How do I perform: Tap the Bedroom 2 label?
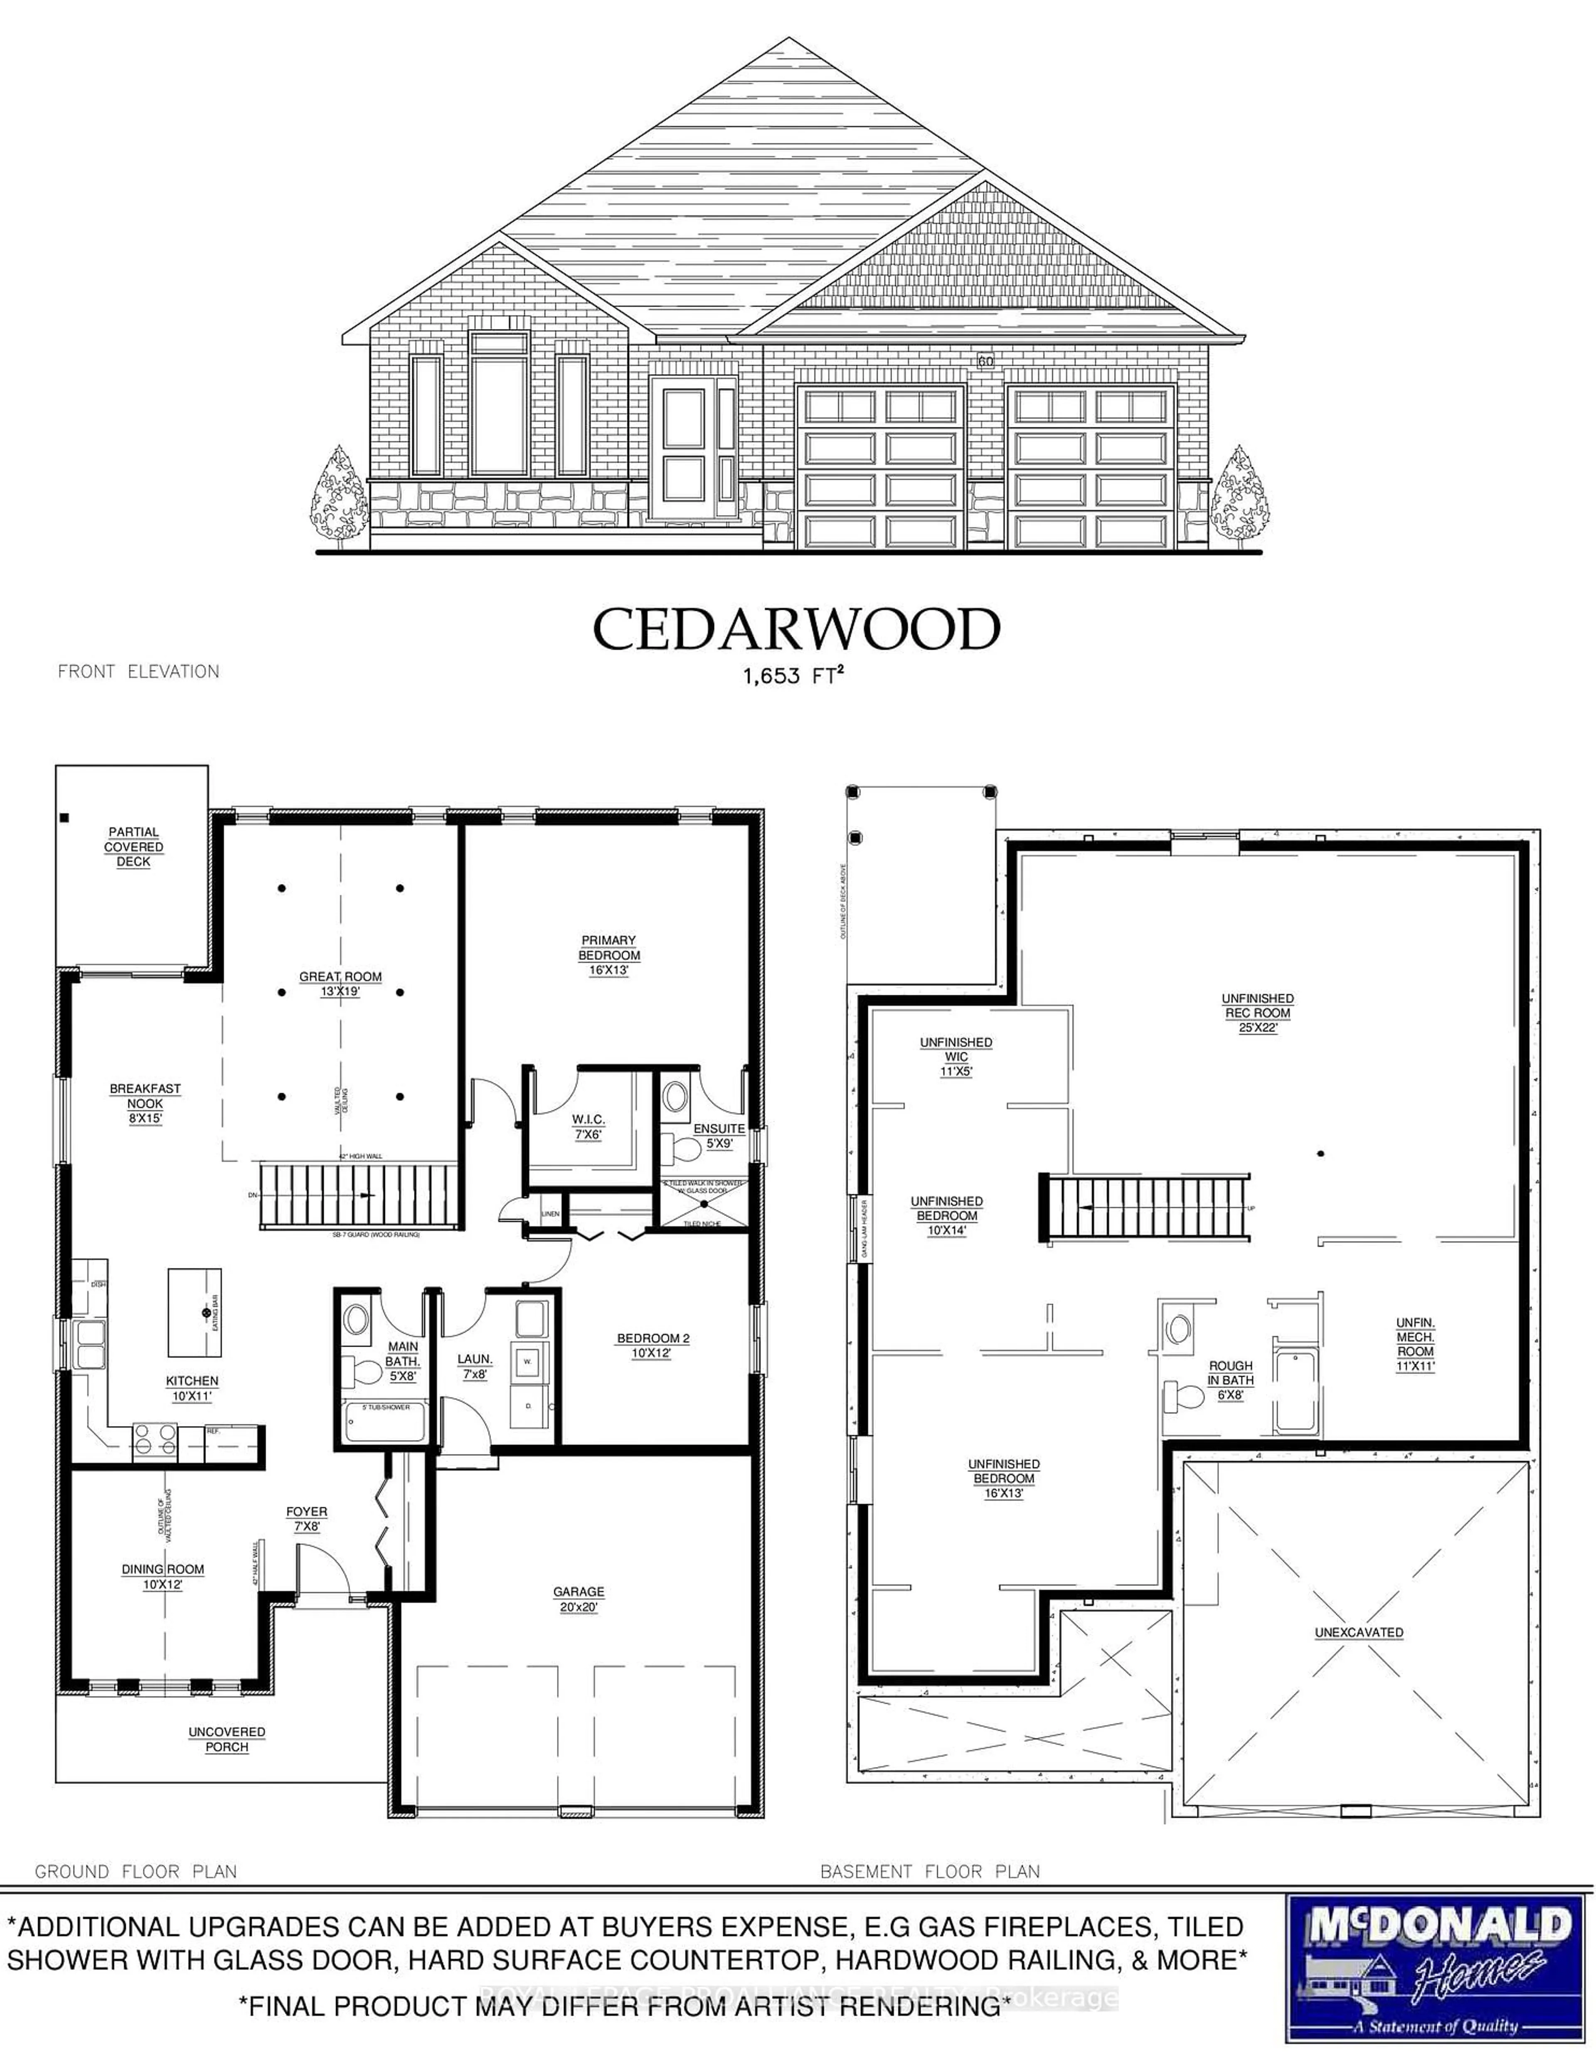point(653,1345)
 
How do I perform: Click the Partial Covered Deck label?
point(133,847)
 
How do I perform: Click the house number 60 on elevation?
point(985,361)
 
